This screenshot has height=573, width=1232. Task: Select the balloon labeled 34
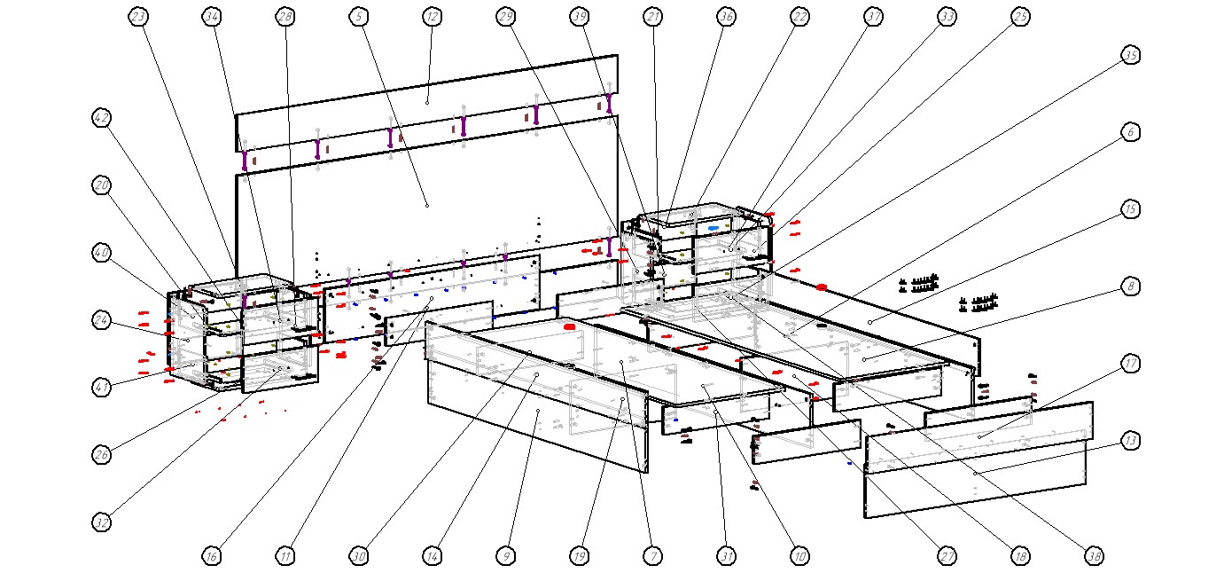tap(211, 17)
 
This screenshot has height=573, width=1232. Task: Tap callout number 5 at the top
tap(358, 17)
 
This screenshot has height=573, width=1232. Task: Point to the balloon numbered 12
tap(432, 17)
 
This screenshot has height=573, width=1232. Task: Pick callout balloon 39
tap(580, 17)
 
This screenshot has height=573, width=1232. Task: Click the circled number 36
tap(726, 17)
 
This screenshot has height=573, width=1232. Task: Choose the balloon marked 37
tap(874, 17)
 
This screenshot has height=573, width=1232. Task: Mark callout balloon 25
tap(1020, 17)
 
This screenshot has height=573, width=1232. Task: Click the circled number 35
tap(1130, 55)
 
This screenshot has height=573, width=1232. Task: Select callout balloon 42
tap(102, 118)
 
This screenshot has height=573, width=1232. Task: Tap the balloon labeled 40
tap(102, 253)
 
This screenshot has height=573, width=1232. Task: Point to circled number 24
tap(102, 319)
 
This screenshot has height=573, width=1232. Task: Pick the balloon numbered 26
tap(102, 455)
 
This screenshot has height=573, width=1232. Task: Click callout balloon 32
tap(102, 522)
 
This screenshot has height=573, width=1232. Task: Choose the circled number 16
tap(211, 556)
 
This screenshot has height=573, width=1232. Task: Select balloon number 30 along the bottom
tap(358, 556)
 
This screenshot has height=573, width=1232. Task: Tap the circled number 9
tap(505, 556)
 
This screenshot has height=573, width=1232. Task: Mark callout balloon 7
tap(652, 556)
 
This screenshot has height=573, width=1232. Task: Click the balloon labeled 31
tap(726, 556)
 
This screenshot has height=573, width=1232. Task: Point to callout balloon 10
tap(799, 556)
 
